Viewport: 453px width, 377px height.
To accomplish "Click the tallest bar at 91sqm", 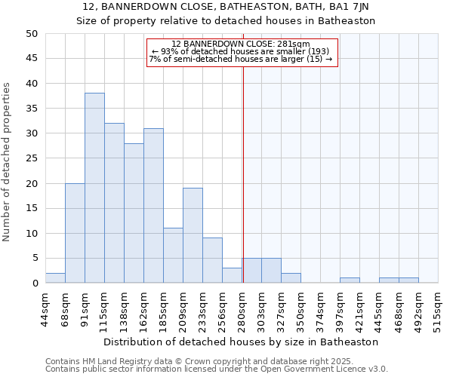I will [x=94, y=188].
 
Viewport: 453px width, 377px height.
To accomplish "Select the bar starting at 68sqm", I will [x=75, y=233].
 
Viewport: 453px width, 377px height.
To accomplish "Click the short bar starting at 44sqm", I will [x=55, y=278].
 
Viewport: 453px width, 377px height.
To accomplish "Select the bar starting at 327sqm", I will [x=291, y=278].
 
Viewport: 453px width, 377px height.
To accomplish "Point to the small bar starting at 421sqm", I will [x=350, y=280].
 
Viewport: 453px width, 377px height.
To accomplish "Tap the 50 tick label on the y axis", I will [x=31, y=34].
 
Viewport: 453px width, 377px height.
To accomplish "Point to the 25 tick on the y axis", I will [x=31, y=158].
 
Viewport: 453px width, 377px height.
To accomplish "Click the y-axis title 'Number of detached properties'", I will [x=8, y=162].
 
